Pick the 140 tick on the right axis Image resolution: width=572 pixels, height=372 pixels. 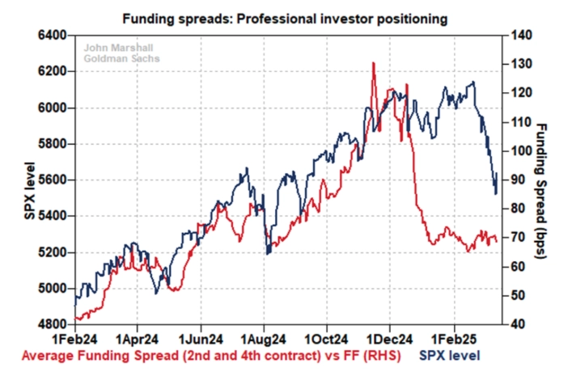click(520, 36)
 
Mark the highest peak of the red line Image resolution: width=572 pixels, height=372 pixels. click(373, 62)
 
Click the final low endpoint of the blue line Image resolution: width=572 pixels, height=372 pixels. click(495, 193)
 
